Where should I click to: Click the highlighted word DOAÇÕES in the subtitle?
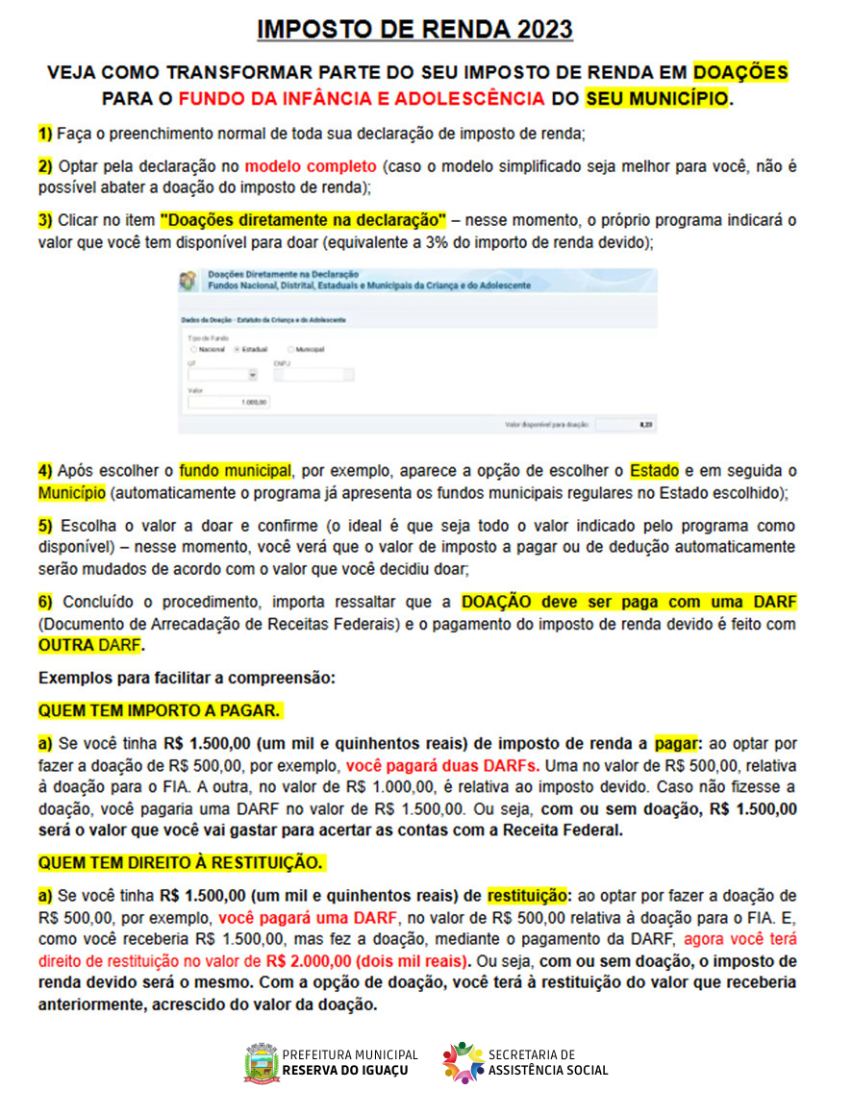pyautogui.click(x=740, y=72)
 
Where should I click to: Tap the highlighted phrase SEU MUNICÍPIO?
pyautogui.click(x=657, y=98)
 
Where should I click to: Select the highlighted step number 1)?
pyautogui.click(x=45, y=132)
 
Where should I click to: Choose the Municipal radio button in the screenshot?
pyautogui.click(x=290, y=349)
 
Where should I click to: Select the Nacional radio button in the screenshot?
pyautogui.click(x=192, y=349)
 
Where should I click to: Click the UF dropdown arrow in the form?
pyautogui.click(x=253, y=376)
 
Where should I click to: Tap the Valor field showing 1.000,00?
pyautogui.click(x=229, y=403)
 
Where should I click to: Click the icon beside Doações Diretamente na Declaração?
pyautogui.click(x=188, y=281)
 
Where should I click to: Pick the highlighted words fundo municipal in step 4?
pyautogui.click(x=235, y=471)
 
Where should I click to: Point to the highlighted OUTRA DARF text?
pyautogui.click(x=89, y=644)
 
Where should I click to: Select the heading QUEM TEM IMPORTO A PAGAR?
pyautogui.click(x=160, y=710)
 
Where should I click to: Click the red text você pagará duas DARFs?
pyautogui.click(x=442, y=767)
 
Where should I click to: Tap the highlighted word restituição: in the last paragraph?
pyautogui.click(x=528, y=896)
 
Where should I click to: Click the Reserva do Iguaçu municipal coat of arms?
pyautogui.click(x=262, y=1062)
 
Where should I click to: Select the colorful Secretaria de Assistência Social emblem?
pyautogui.click(x=464, y=1062)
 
